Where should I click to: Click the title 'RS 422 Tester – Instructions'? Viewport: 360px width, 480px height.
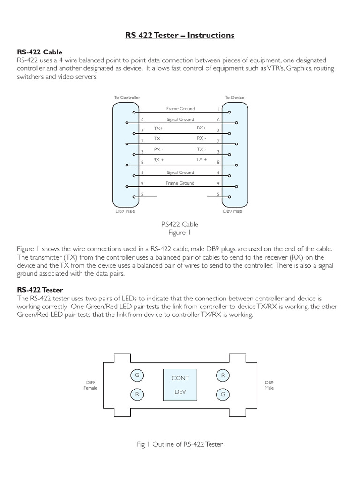[180, 35]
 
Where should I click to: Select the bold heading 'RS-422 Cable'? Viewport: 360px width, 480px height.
[39, 52]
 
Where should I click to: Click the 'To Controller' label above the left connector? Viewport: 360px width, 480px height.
[127, 97]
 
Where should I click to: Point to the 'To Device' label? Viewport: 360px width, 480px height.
[234, 97]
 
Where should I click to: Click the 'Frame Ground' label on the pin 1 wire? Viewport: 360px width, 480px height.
[180, 108]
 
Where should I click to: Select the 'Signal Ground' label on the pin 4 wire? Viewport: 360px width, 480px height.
[180, 172]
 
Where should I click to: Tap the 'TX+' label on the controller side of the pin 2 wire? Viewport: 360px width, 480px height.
[158, 127]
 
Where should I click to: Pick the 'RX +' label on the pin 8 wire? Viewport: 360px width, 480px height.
[158, 160]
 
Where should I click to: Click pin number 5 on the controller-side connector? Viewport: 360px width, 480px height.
[142, 194]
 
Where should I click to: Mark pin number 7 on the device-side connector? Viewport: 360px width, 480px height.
[218, 141]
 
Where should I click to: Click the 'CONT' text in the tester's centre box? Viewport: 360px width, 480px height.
[180, 378]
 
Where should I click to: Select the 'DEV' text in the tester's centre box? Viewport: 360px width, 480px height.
[180, 391]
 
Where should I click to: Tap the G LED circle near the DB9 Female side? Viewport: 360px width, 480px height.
[137, 375]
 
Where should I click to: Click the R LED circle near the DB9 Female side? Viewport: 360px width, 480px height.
[137, 395]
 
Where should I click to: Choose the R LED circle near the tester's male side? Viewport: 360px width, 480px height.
[223, 375]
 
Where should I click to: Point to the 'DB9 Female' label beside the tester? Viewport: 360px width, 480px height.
[90, 385]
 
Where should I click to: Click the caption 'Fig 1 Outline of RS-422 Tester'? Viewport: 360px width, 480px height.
[180, 444]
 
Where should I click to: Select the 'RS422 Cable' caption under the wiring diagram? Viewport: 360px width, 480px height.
[180, 225]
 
